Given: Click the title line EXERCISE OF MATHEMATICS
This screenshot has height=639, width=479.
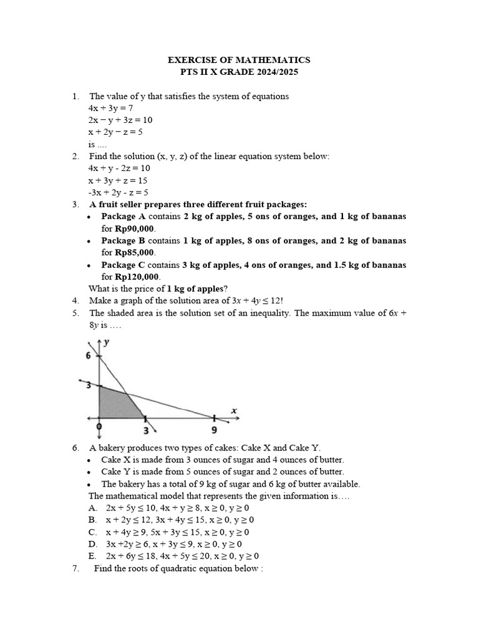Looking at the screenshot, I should (x=239, y=60).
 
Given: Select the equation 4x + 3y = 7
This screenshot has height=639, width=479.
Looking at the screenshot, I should (x=111, y=108).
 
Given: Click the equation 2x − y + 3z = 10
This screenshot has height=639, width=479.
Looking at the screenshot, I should (x=120, y=120).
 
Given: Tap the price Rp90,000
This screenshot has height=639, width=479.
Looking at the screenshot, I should (x=134, y=228).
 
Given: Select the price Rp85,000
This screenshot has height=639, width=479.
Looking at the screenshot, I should (x=134, y=253).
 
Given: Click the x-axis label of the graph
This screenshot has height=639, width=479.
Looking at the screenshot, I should (x=234, y=410).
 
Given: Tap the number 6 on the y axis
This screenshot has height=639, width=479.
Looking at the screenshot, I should (x=89, y=355).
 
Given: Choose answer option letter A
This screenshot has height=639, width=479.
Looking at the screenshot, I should (x=92, y=508).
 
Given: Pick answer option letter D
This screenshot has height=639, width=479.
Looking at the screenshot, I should (x=92, y=544).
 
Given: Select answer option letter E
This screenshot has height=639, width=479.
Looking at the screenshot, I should (x=92, y=555).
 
